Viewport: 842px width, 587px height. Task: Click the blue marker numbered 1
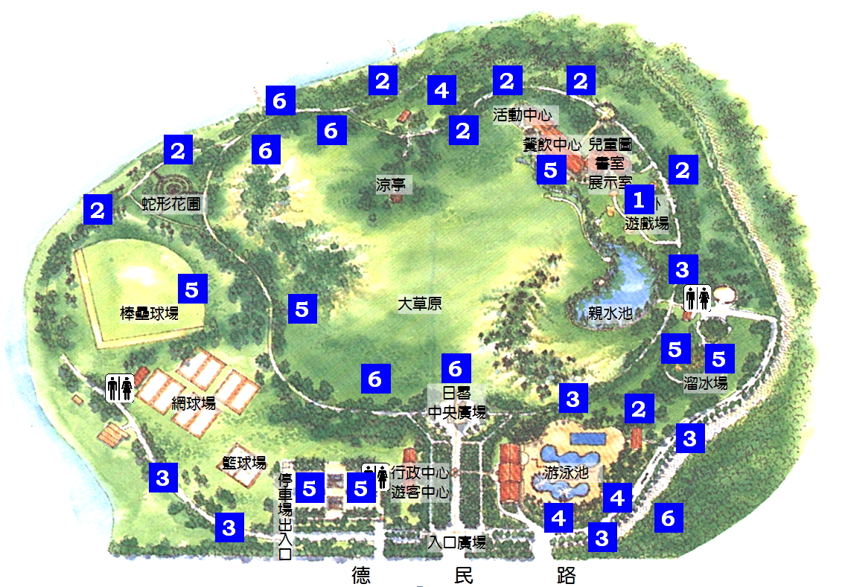[638, 199]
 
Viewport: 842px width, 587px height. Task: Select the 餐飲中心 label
[551, 144]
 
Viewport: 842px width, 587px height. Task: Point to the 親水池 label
[610, 313]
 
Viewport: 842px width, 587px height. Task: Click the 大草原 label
[419, 304]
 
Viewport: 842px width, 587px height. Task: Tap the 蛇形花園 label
[171, 204]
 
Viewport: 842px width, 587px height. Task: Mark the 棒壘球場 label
[150, 313]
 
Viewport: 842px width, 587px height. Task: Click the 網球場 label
[194, 403]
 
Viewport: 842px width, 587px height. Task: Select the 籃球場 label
[244, 463]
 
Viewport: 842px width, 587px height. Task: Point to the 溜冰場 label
[705, 382]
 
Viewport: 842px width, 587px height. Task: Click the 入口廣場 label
[457, 542]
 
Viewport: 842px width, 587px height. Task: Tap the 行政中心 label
[420, 472]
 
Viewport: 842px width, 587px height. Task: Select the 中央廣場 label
[457, 411]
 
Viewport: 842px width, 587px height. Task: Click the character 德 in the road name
[363, 575]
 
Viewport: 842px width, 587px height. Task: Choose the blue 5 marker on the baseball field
[192, 289]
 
